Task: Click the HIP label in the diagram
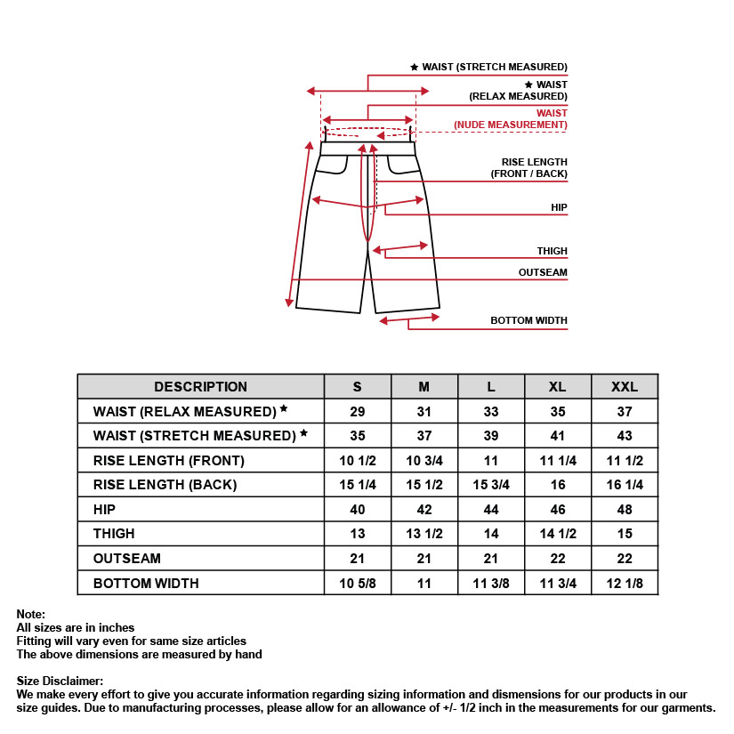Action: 559,207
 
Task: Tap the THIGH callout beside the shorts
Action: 552,252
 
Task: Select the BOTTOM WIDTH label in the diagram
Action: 528,320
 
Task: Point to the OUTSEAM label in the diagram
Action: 543,272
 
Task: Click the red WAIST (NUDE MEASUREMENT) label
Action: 511,119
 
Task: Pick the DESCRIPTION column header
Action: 200,386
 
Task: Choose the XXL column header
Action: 625,386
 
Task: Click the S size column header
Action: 357,386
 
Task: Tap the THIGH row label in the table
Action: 114,534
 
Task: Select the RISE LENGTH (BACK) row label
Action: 165,485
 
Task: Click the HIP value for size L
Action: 491,510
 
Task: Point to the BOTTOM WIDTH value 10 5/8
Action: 357,584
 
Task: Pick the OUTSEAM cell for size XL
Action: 558,559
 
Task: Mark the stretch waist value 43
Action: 625,436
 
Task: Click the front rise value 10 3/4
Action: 423,461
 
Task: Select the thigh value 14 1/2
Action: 558,534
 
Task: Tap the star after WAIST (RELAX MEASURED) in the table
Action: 284,409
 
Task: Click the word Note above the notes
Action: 30,615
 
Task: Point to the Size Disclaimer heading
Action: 60,681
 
